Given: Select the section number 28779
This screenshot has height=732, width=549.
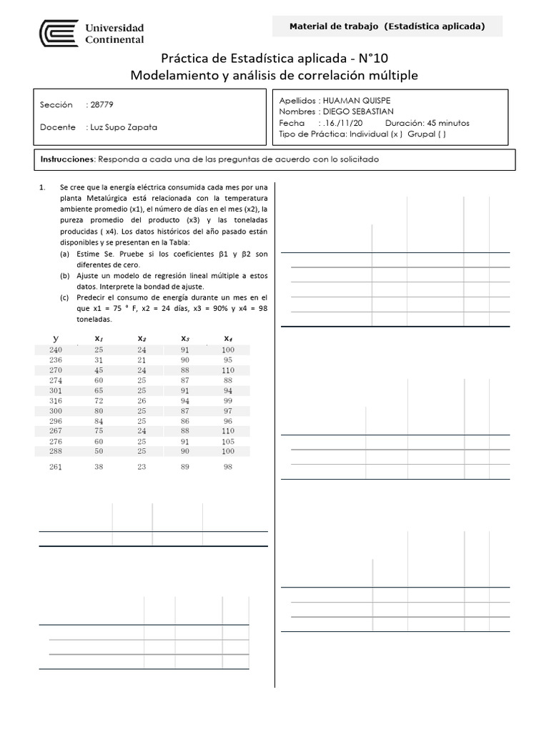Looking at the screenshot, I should pyautogui.click(x=101, y=105).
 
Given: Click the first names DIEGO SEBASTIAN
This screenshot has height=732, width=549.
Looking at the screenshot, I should pyautogui.click(x=358, y=112).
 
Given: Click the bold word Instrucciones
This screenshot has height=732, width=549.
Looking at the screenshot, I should pyautogui.click(x=67, y=159).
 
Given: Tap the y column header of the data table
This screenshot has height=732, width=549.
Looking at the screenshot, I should pyautogui.click(x=56, y=338).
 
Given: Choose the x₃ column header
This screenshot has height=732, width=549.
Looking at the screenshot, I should pyautogui.click(x=185, y=338).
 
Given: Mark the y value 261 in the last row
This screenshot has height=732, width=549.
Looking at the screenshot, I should pyautogui.click(x=56, y=467).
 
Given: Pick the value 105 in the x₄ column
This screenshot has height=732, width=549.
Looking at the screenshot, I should pyautogui.click(x=227, y=442).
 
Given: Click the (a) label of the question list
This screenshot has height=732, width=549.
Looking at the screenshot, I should pyautogui.click(x=65, y=254).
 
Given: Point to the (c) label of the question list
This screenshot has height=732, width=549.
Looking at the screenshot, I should pyautogui.click(x=65, y=297).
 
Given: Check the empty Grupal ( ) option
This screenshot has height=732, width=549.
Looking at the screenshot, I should pyautogui.click(x=427, y=134).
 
